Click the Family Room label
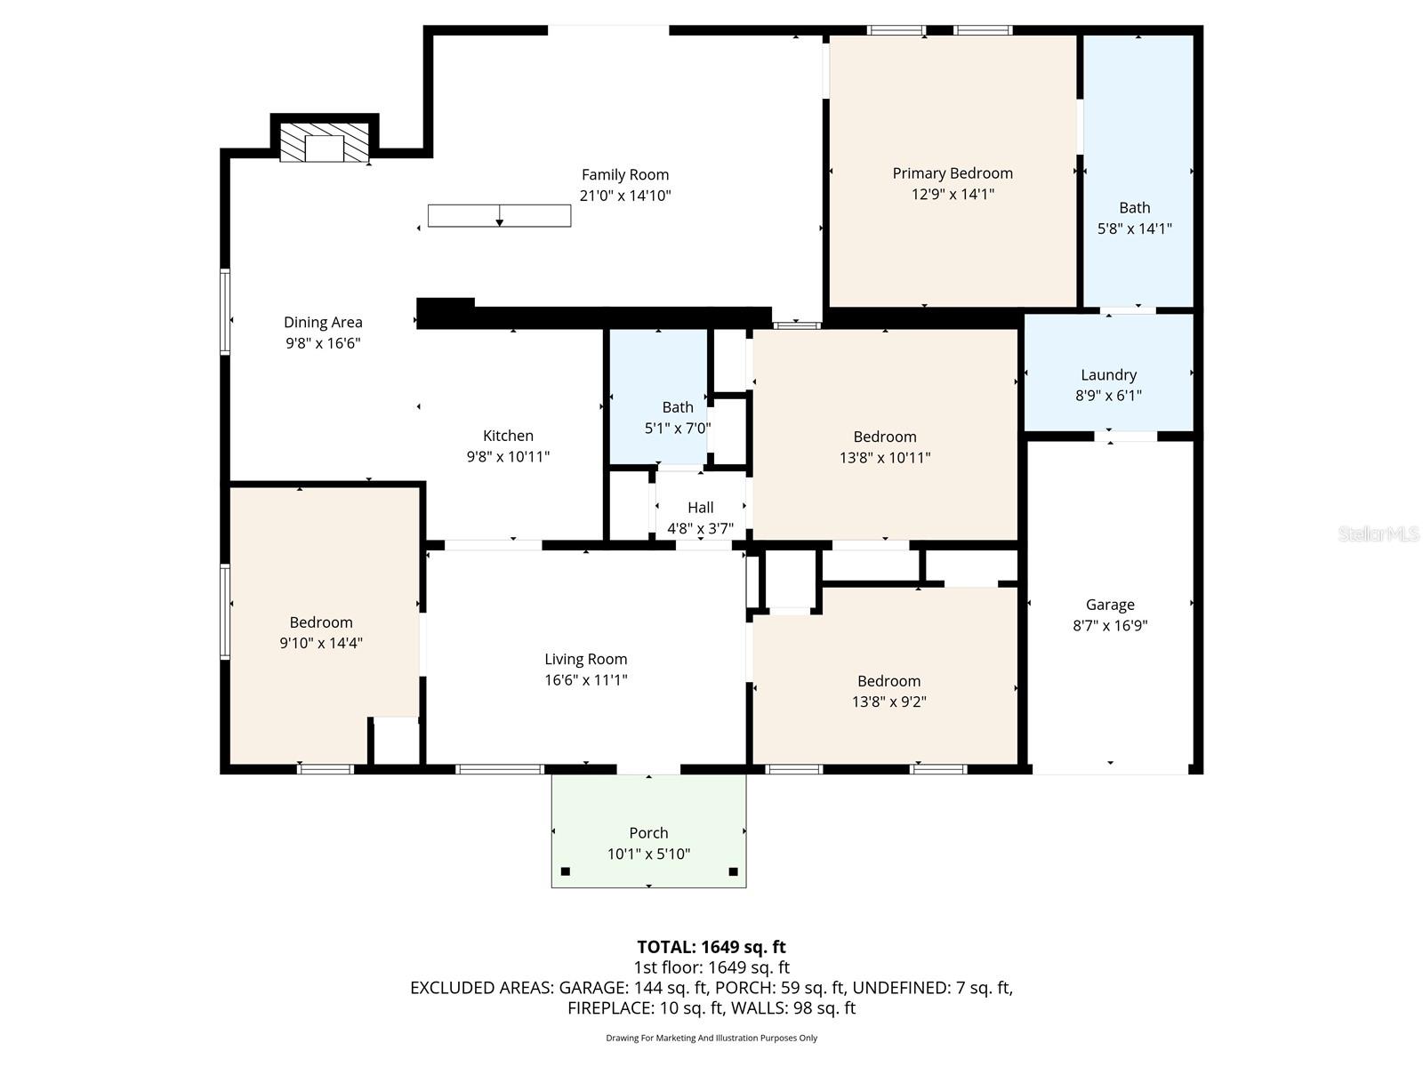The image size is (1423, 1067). [624, 175]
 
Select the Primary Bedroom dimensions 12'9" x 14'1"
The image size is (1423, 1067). [953, 194]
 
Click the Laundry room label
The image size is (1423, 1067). [1108, 375]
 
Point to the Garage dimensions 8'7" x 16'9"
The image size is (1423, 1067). [1110, 625]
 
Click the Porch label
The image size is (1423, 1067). [648, 833]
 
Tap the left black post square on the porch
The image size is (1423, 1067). [565, 871]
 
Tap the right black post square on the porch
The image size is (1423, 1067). [733, 871]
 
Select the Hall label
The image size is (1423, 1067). [700, 508]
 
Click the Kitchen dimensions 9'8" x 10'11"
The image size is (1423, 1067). [508, 456]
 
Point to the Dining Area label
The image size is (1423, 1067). [323, 323]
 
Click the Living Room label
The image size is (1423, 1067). [585, 659]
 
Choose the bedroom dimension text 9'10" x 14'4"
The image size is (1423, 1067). [321, 643]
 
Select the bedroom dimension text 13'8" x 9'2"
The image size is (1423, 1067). [888, 702]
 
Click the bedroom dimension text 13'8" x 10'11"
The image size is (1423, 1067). [884, 458]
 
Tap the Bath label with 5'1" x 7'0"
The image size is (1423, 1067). [677, 407]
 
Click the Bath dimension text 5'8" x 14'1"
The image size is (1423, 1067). [1134, 229]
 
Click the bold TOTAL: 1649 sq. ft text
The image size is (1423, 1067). [711, 947]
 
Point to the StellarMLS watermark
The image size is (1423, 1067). [1378, 533]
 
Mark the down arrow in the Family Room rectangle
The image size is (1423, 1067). [500, 220]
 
